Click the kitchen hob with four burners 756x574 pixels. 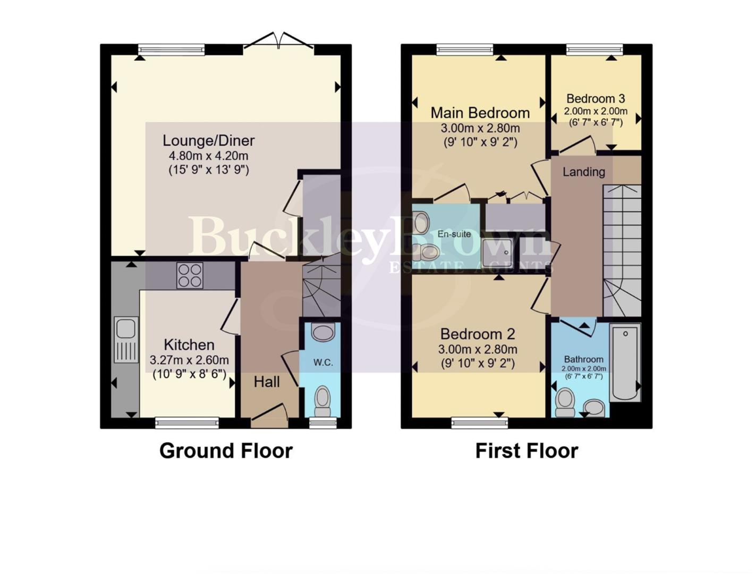pyautogui.click(x=190, y=276)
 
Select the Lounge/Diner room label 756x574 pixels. pyautogui.click(x=208, y=141)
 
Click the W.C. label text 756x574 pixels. pyautogui.click(x=323, y=362)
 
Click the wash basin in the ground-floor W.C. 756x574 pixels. pyautogui.click(x=323, y=333)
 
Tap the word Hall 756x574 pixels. pyautogui.click(x=267, y=382)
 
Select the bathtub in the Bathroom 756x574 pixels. pyautogui.click(x=625, y=362)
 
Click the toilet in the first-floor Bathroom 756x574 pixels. pyautogui.click(x=565, y=402)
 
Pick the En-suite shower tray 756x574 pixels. pyautogui.click(x=498, y=251)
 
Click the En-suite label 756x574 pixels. pyautogui.click(x=454, y=234)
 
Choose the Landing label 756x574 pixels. pyautogui.click(x=583, y=172)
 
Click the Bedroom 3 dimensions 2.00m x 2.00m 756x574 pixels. pyautogui.click(x=595, y=112)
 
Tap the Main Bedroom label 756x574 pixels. pyautogui.click(x=480, y=113)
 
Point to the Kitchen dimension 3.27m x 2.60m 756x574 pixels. pyautogui.click(x=189, y=360)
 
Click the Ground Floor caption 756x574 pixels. pyautogui.click(x=226, y=451)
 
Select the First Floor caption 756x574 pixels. pyautogui.click(x=526, y=451)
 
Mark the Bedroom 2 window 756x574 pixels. pyautogui.click(x=480, y=423)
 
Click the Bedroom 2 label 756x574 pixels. pyautogui.click(x=478, y=334)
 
